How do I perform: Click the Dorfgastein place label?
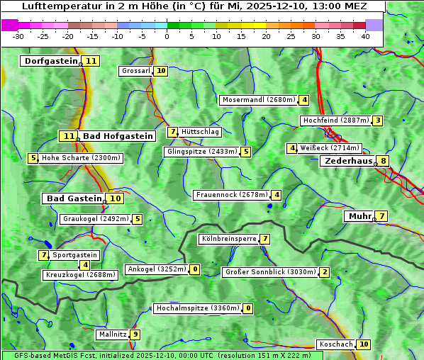coord(51,61)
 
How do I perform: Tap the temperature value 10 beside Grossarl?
coord(161,71)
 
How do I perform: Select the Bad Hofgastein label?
coord(117,136)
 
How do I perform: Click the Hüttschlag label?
coord(201,132)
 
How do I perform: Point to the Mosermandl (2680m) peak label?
coord(259,100)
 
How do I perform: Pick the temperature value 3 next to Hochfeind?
coord(378,120)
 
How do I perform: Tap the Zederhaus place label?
coord(348,161)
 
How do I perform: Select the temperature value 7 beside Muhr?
coord(382,216)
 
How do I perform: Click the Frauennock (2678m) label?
coord(232,195)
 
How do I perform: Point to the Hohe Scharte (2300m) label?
coord(82,158)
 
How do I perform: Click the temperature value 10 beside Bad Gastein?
coord(115,198)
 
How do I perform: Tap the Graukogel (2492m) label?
coord(96,219)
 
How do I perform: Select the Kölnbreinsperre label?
coord(228,239)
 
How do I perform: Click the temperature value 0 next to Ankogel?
coord(194,269)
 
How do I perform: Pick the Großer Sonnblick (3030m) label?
coord(269,272)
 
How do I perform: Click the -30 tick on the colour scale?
coord(18,36)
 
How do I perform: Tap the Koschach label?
coord(336,344)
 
